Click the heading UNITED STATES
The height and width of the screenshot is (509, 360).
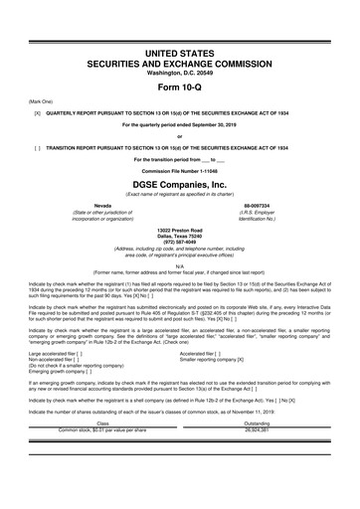pyautogui.click(x=180, y=37)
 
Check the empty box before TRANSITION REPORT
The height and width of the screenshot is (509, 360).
pyautogui.click(x=37, y=144)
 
